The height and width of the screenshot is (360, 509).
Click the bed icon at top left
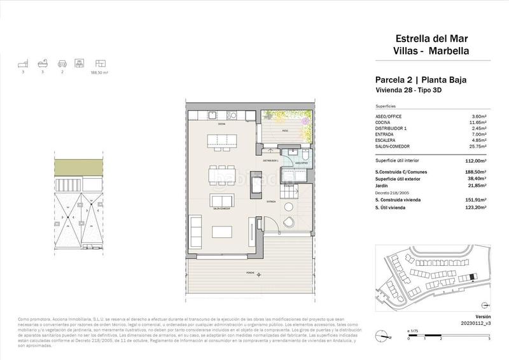(x=24, y=64)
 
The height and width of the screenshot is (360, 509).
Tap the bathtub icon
(x=42, y=64)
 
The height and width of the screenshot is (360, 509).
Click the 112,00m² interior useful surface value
(x=475, y=161)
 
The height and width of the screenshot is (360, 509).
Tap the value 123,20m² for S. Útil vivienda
(x=475, y=207)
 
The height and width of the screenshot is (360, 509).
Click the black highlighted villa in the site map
(x=471, y=277)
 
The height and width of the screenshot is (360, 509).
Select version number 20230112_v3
(x=471, y=323)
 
